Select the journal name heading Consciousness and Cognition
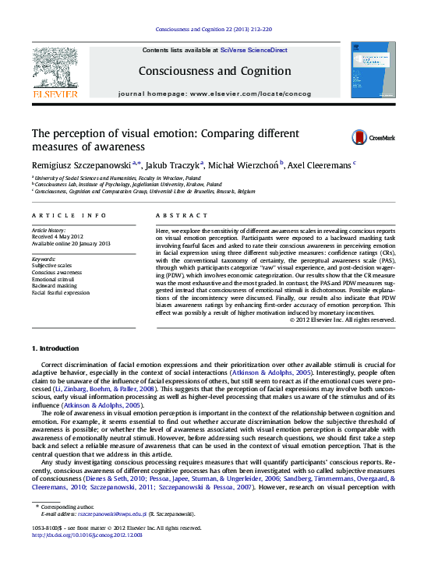214,71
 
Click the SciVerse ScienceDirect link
254,50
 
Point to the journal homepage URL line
214,94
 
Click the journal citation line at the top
213,30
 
